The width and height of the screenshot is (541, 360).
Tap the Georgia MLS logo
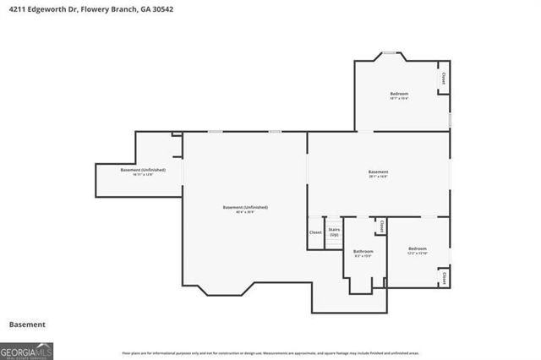coord(26,350)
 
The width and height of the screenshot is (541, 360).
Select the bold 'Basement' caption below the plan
coord(26,325)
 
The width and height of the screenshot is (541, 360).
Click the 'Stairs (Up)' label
coord(334,232)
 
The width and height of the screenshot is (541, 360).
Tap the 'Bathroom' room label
coord(363,251)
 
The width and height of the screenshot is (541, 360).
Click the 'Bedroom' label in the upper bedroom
coord(399,93)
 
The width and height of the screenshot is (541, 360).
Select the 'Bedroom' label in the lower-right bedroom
coord(418,248)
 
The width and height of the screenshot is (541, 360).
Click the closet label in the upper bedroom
coord(443,79)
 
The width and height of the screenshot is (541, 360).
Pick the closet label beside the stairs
coord(315,232)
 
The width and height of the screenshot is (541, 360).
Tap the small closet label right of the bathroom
coord(381,226)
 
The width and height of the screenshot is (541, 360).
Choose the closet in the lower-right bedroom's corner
coord(443,276)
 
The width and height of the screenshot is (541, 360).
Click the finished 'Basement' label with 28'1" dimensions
coord(378,172)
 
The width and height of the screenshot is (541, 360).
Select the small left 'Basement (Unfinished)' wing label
coord(143,170)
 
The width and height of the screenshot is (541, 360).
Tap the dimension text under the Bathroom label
coord(363,256)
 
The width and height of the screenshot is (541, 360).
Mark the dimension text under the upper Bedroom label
coord(399,99)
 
